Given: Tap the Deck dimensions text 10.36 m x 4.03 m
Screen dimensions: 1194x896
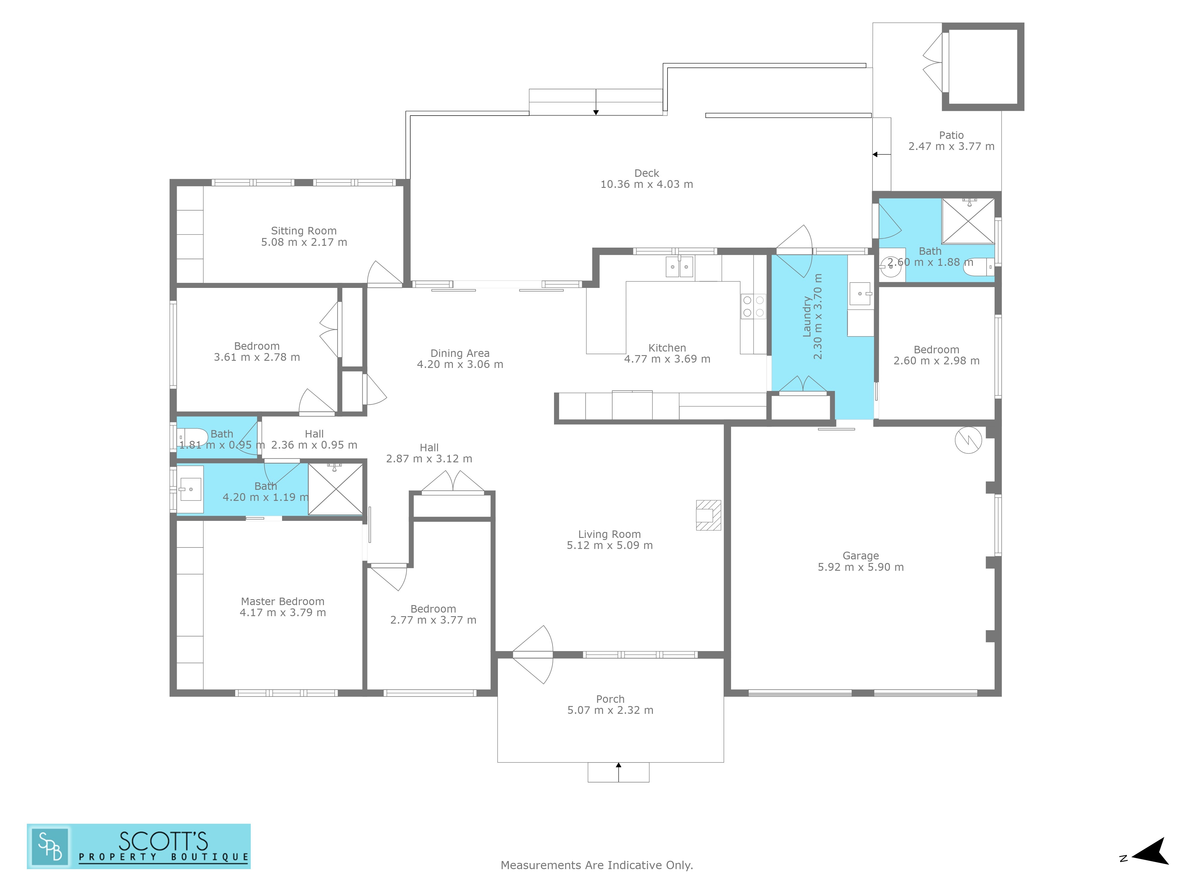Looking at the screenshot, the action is point(647,184).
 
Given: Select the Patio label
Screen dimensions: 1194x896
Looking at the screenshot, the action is point(951,135).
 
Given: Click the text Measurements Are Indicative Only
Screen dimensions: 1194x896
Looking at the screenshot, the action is point(596,865).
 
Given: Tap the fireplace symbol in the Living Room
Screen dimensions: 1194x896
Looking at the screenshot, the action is point(708,515).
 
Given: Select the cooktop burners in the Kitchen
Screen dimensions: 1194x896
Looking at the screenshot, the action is point(753,306).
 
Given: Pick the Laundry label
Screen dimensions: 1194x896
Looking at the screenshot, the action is point(807,317).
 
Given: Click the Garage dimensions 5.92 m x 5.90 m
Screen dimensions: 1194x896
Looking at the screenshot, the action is point(860,567).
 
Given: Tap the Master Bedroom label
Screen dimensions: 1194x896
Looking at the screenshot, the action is point(282,601).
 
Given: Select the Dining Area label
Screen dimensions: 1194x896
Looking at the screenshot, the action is point(460,353).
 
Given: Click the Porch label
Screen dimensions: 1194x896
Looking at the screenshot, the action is point(610,699).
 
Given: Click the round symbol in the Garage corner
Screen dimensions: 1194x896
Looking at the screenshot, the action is point(968,440).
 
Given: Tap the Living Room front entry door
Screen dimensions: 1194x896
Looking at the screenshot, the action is point(533,655).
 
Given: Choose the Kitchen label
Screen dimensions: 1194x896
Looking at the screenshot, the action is point(667,348).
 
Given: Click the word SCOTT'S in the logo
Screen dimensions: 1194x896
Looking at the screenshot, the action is point(163,841).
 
